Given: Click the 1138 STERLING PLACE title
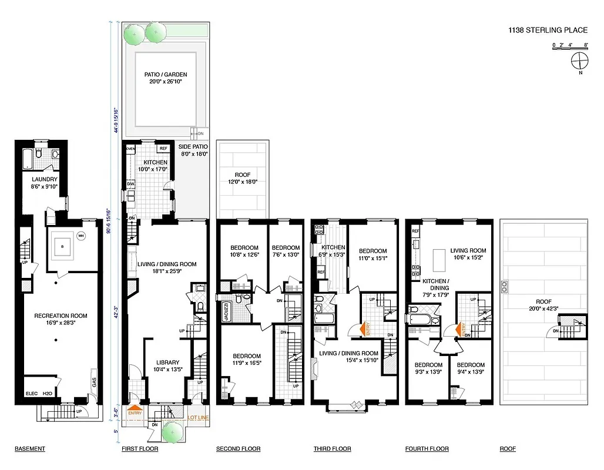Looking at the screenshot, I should tap(549, 28).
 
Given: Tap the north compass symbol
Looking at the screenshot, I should tap(579, 60).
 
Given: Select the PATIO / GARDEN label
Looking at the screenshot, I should tap(166, 78).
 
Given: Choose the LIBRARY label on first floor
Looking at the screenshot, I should tap(167, 366).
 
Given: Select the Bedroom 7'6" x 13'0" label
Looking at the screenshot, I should tap(286, 251).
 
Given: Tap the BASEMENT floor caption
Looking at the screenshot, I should tap(29, 449).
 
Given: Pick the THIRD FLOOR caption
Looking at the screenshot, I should tap(332, 449).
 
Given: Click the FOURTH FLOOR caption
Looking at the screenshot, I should tap(427, 449).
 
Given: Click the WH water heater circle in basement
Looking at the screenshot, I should tap(82, 236).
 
